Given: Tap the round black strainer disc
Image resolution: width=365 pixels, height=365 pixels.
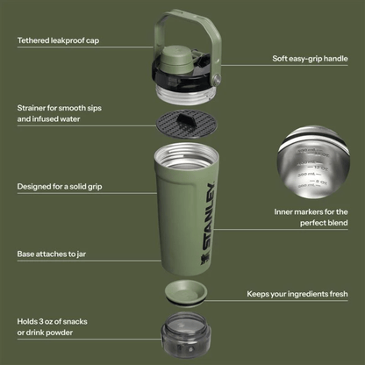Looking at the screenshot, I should pos(182,123).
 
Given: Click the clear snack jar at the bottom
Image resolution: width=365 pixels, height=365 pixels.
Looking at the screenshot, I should pos(183,338).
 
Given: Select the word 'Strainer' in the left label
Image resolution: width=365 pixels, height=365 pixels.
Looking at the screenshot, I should pos(34,108).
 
